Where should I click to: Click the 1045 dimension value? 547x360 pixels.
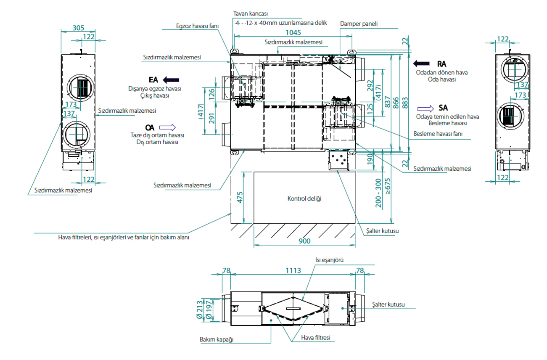click(x=293, y=32)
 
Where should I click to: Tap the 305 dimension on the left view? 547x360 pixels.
click(x=78, y=28)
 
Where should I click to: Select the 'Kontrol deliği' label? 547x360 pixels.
click(x=304, y=199)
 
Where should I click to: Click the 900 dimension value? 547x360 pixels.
click(x=304, y=241)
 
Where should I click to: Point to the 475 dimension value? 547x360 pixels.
click(x=240, y=197)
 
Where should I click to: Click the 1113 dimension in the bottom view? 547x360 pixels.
click(x=293, y=270)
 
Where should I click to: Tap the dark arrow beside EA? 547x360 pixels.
click(x=171, y=80)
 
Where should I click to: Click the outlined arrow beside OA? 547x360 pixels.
click(x=167, y=127)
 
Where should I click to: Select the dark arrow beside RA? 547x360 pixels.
click(x=421, y=64)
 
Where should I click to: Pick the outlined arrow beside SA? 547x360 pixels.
click(x=425, y=109)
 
